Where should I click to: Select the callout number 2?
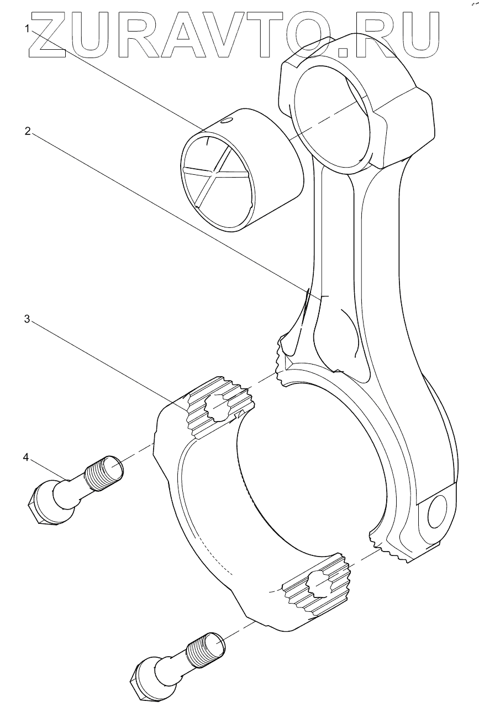tap(26, 131)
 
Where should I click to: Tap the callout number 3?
tap(26, 319)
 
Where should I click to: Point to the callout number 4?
tap(26, 457)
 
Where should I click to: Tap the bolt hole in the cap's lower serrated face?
tap(318, 584)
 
